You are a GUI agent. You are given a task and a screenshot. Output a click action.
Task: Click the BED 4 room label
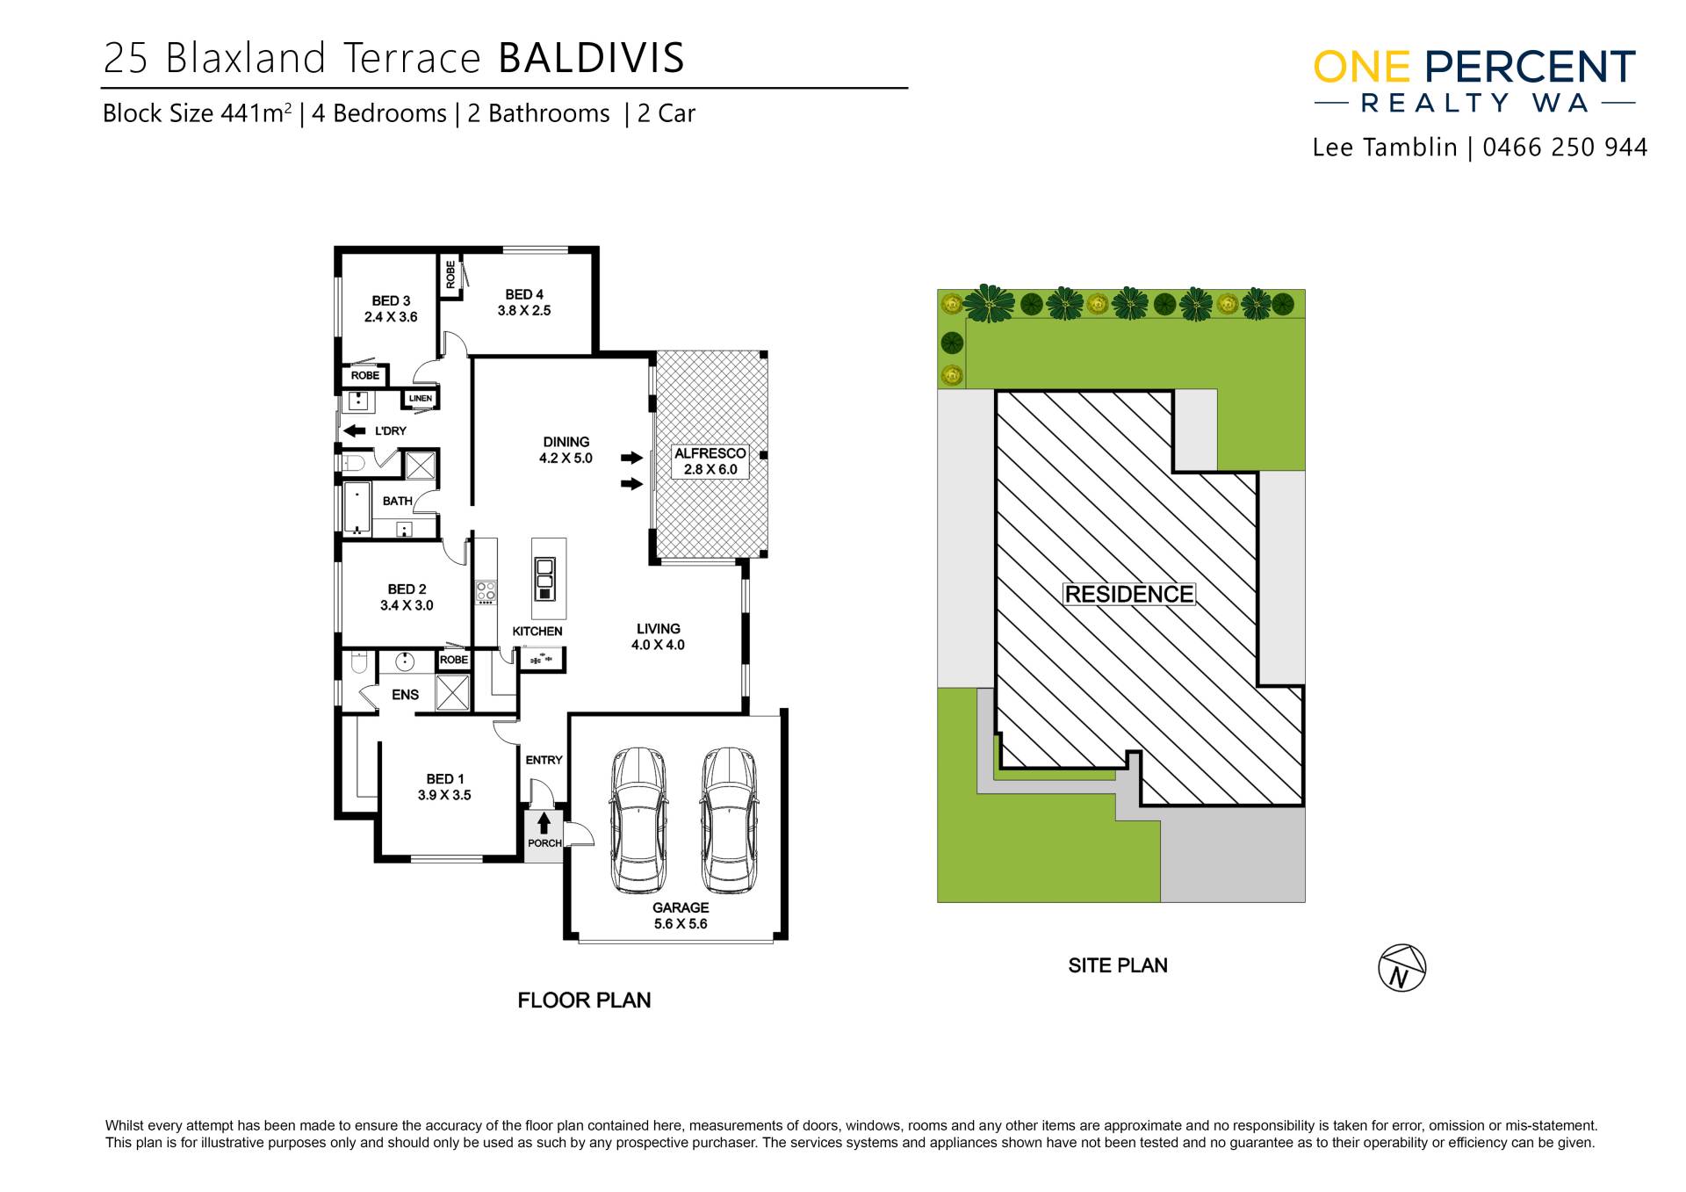point(524,302)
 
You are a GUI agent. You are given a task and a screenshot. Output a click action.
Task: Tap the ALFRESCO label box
point(710,461)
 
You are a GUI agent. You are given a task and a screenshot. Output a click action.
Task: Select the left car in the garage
point(638,820)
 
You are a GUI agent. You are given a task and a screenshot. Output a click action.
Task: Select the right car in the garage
point(729,820)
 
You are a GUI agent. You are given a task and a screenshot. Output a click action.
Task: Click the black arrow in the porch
point(544,823)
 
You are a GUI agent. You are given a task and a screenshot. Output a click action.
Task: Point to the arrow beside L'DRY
point(355,430)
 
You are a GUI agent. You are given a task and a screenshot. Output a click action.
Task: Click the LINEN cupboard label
point(421,399)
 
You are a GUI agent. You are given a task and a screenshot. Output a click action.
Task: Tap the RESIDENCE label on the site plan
point(1128,595)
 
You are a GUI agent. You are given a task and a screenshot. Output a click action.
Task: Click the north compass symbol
point(1401,968)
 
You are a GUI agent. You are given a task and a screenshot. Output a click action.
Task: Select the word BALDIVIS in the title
point(591,58)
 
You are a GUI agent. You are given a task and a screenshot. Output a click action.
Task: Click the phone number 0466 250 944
point(1565,148)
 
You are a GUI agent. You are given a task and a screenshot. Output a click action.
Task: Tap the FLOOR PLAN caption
point(584,1001)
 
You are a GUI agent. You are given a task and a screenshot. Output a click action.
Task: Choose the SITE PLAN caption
point(1118,965)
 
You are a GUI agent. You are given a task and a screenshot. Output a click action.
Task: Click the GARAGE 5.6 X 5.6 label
point(681,915)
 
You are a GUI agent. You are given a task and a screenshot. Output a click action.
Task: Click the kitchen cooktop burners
point(486,592)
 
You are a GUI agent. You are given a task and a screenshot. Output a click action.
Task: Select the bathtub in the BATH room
point(357,508)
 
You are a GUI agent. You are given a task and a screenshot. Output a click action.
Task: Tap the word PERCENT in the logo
point(1530,68)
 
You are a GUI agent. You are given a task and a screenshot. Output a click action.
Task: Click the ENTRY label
point(544,760)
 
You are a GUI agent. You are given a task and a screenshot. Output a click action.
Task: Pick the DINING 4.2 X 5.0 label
point(566,450)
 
